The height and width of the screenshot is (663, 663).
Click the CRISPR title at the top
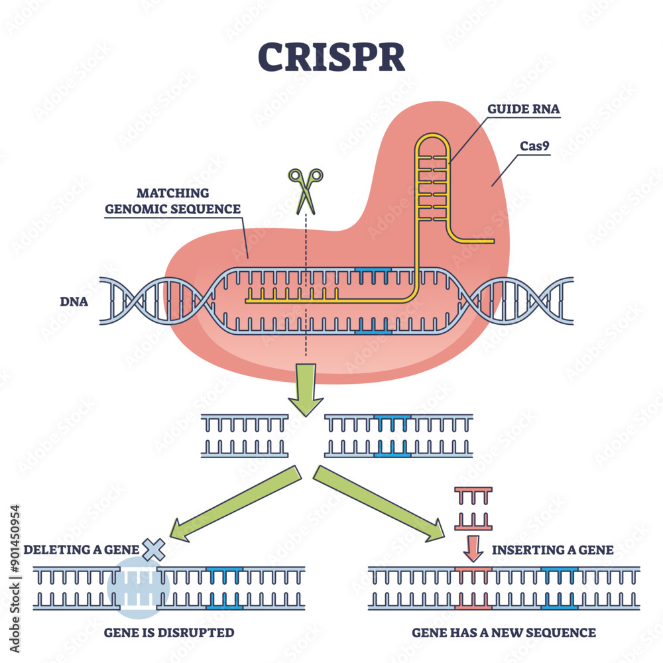click(331, 57)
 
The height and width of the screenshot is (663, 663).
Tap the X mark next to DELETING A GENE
click(153, 549)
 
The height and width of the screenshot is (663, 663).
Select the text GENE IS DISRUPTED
click(169, 633)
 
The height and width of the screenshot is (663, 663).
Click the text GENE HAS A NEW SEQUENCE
click(504, 633)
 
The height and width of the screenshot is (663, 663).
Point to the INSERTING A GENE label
click(553, 550)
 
